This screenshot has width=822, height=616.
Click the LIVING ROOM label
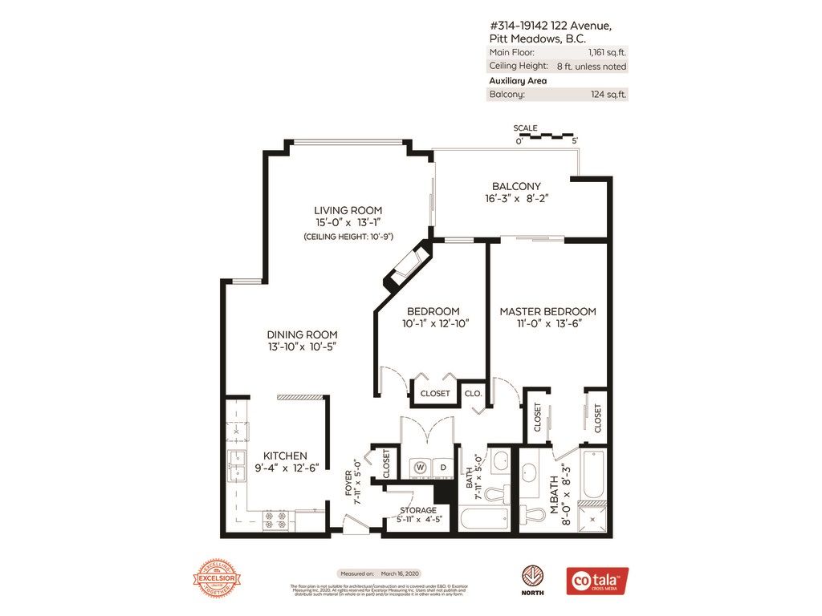[336, 210]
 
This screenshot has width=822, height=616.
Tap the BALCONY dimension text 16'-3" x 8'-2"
[516, 199]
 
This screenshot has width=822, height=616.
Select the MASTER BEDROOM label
[547, 311]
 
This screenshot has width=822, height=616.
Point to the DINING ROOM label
[302, 334]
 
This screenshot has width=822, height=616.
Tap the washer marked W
[418, 467]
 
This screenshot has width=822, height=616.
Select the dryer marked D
[442, 467]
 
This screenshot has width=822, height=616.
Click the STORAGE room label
[418, 510]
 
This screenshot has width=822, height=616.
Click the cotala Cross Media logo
[597, 581]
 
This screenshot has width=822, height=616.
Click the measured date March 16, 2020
[401, 573]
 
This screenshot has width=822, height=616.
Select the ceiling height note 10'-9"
[336, 237]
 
